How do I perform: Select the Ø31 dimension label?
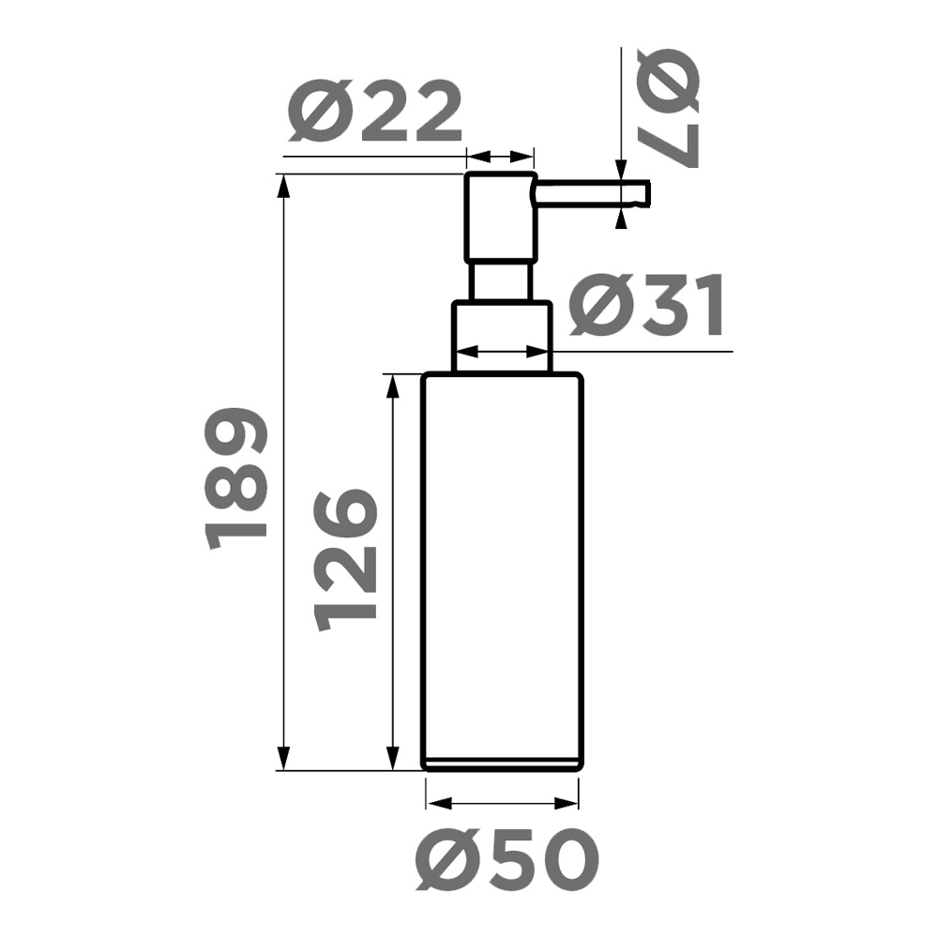click(647, 307)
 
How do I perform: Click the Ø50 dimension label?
click(507, 860)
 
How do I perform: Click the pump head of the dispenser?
click(501, 217)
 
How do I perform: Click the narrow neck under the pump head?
click(501, 280)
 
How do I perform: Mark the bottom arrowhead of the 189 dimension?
click(284, 759)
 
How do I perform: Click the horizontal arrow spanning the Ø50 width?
click(502, 803)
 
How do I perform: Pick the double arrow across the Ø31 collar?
click(502, 353)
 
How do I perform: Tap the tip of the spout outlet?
click(646, 193)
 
